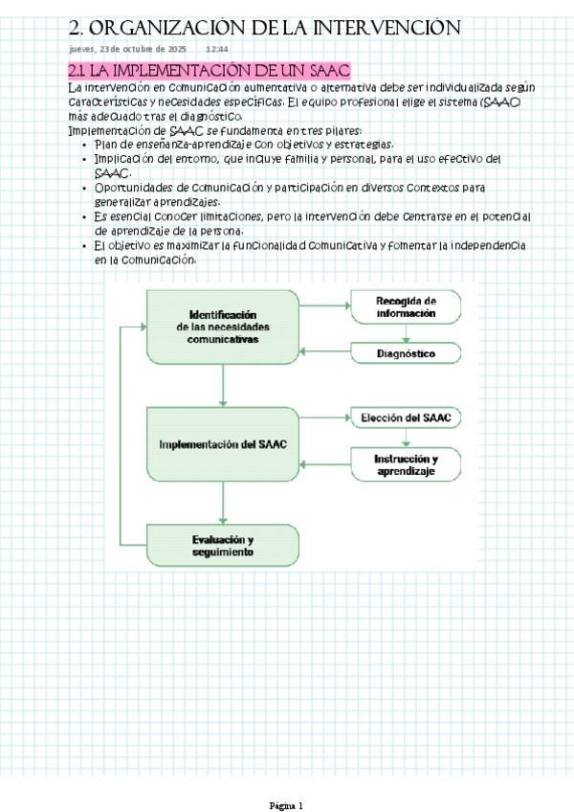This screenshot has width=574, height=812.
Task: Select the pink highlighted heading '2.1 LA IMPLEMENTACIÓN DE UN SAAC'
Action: (x=210, y=71)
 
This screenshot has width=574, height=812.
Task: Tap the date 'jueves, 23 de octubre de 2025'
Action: (x=127, y=49)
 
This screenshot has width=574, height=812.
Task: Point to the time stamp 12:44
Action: (x=216, y=49)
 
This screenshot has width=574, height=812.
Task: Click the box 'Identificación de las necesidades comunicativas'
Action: (x=223, y=327)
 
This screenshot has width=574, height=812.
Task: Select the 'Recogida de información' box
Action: (x=406, y=307)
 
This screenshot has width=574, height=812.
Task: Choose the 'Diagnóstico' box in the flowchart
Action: (x=406, y=354)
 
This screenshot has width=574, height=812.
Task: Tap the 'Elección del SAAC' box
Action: (x=406, y=418)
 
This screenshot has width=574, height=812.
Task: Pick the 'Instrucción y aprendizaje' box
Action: (x=406, y=465)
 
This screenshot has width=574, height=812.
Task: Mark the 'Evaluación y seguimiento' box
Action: (x=223, y=545)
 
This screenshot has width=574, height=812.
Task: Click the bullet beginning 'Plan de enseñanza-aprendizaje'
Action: (x=243, y=144)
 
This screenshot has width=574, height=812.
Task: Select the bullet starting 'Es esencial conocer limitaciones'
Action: (x=311, y=217)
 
